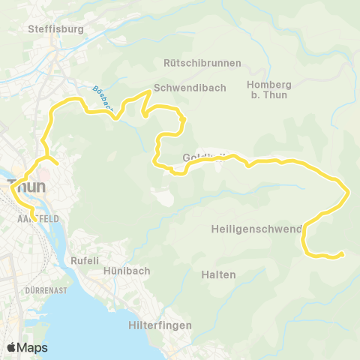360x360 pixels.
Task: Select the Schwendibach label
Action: (x=190, y=88)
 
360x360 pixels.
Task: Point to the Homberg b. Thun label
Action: (x=268, y=88)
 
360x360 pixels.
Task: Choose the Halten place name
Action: (x=218, y=274)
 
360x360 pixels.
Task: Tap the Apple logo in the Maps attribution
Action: (x=11, y=347)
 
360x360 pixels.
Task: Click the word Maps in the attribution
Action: (x=32, y=347)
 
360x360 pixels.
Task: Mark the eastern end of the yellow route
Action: (x=343, y=254)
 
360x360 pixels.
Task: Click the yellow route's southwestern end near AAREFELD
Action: (x=33, y=220)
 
